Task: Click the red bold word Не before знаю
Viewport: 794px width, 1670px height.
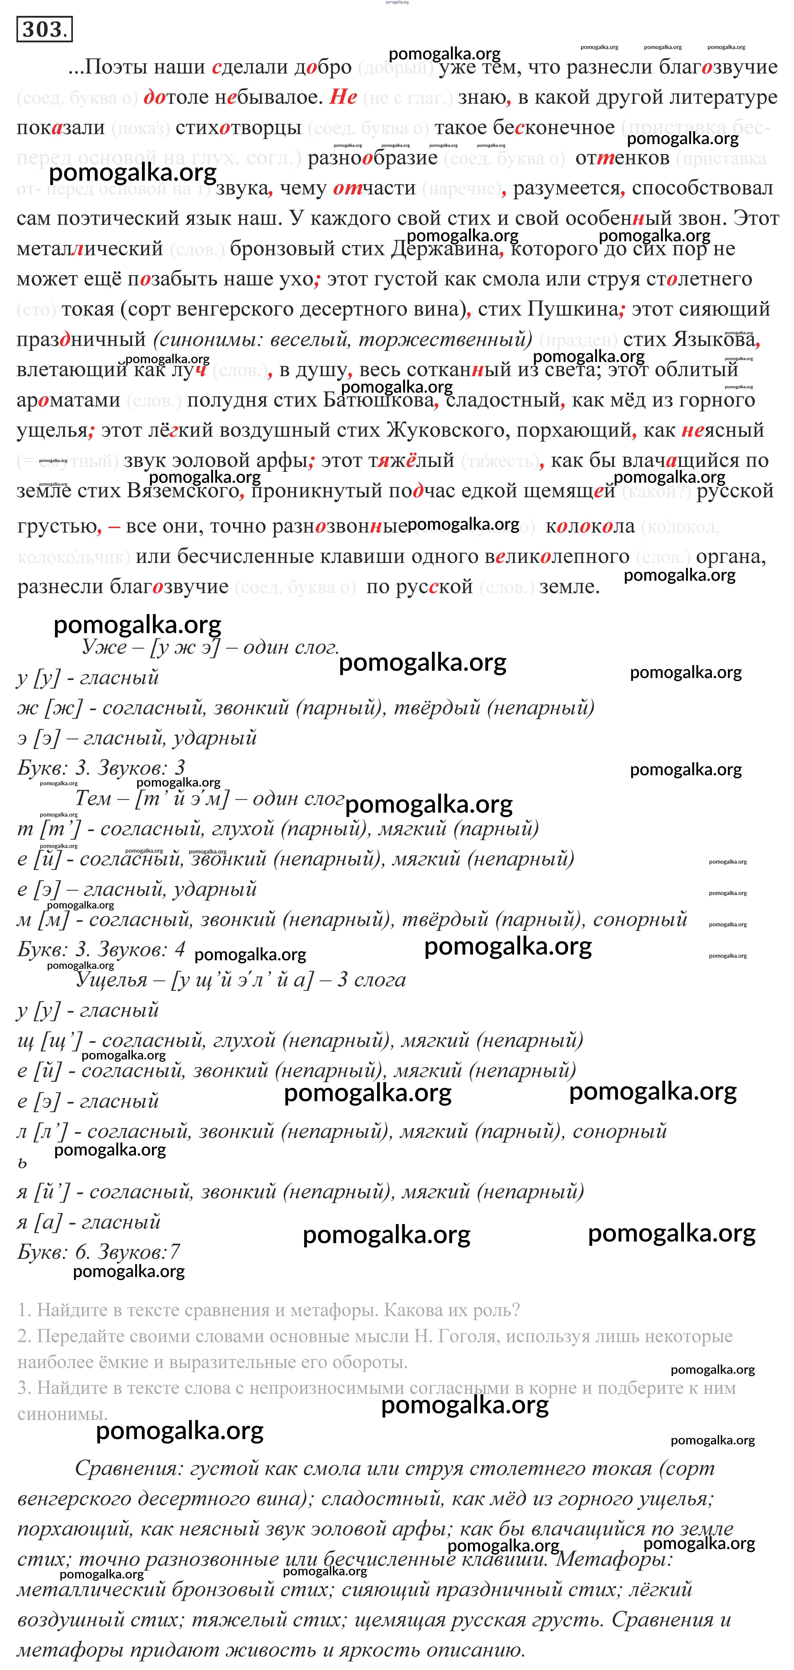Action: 343,97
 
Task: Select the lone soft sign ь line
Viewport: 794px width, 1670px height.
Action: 23,1163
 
